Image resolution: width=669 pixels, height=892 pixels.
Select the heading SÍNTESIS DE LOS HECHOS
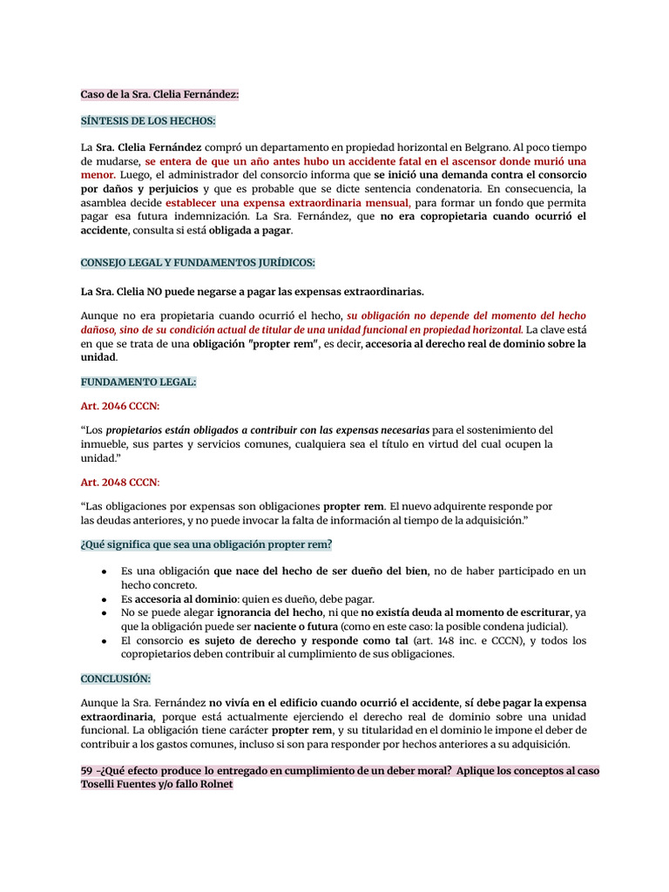pos(148,121)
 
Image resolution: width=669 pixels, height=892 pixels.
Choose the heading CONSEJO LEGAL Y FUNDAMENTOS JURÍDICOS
pos(198,263)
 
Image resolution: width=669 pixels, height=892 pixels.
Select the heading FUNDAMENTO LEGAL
pos(139,382)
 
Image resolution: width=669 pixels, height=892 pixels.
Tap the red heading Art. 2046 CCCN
pos(120,406)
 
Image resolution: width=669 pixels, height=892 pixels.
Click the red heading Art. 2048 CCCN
pos(120,482)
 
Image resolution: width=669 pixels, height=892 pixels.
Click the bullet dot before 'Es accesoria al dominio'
pos(104,599)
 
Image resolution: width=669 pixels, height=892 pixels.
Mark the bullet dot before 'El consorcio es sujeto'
pos(104,641)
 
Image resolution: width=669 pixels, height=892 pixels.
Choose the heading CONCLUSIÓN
pos(116,678)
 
